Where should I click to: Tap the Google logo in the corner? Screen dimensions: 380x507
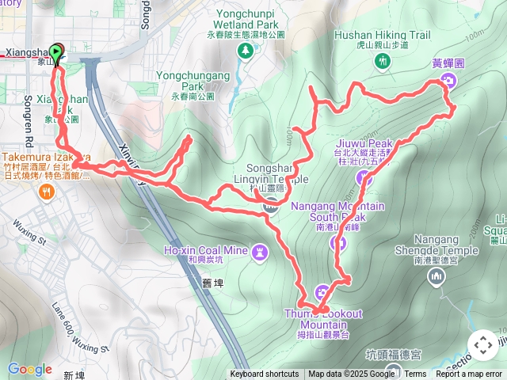point(29,369)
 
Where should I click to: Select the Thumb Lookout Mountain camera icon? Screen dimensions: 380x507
point(323,291)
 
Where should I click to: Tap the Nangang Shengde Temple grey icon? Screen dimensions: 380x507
point(435,276)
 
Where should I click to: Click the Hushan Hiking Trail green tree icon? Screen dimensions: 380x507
point(383,61)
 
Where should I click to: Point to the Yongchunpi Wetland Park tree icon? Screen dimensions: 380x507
point(246,51)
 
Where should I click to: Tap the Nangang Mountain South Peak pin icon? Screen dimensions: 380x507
point(338,242)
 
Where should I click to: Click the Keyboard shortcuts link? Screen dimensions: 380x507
point(265,374)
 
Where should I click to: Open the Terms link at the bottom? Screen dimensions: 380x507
point(415,374)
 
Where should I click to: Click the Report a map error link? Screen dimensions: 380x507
point(468,374)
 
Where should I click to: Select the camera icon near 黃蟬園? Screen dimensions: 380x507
point(448,81)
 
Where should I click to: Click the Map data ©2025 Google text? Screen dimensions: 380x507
point(353,374)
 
